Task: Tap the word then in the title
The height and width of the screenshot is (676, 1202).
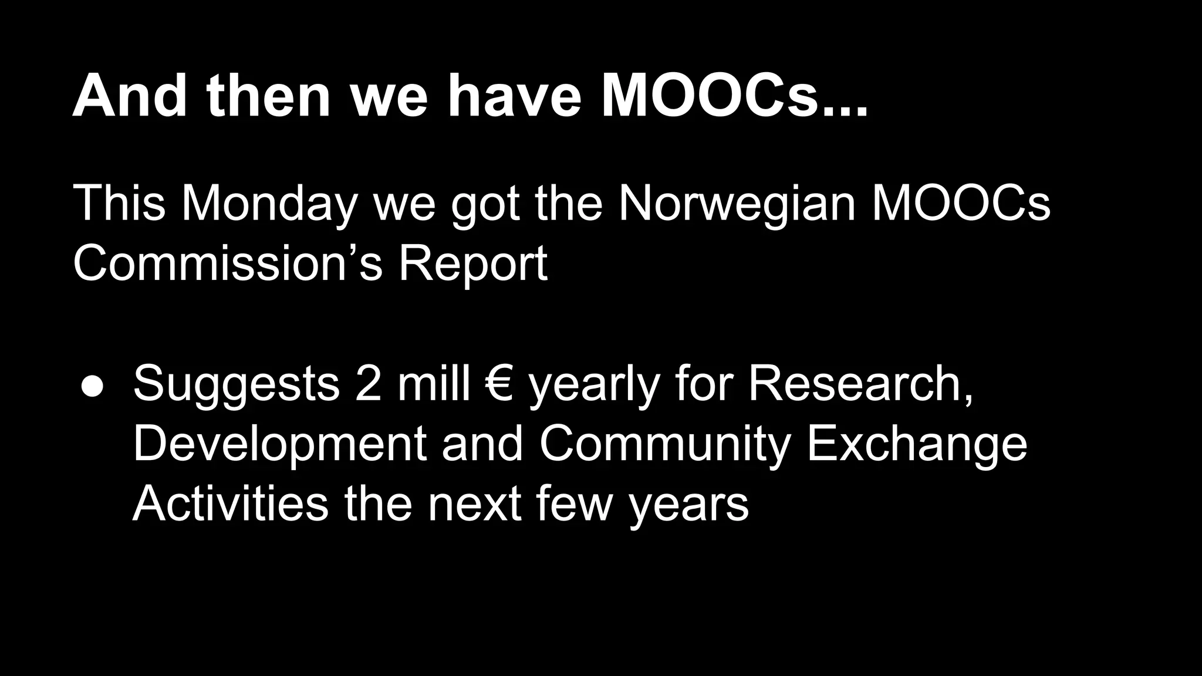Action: tap(268, 96)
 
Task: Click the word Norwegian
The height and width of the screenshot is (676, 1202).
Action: tap(737, 203)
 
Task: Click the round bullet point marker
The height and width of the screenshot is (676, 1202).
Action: tap(92, 386)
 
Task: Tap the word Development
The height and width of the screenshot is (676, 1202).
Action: tap(279, 444)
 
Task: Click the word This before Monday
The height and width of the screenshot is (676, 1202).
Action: tap(119, 203)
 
